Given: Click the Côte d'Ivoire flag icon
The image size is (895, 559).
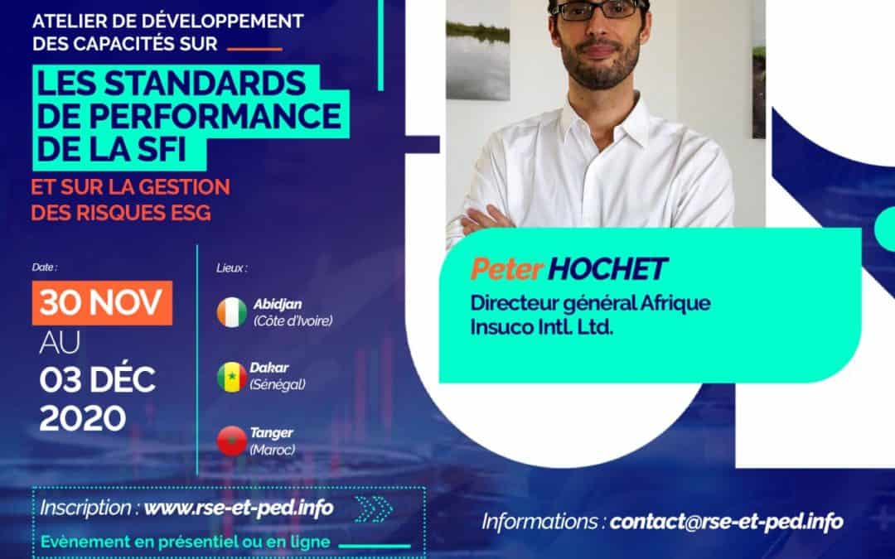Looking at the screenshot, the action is coord(232,312).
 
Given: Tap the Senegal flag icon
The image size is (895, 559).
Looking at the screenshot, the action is coord(232,377).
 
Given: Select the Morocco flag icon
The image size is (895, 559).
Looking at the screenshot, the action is coord(232,441).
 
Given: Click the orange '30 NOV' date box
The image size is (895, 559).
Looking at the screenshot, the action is coord(102,303).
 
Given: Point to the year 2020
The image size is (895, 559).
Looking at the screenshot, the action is coord(83,418).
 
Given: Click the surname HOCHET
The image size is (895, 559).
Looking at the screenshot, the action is coord(607,269).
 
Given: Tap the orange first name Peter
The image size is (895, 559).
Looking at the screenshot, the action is coord(506,269).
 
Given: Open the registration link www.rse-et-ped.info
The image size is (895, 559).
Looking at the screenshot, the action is coord(239,508).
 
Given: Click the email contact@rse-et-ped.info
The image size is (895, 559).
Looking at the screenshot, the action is coord(726,522).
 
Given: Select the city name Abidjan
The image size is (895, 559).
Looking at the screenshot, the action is coord(278,304).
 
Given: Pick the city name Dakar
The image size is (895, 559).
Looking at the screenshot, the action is coord(268,368).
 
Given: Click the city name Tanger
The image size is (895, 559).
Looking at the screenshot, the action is coord(271,432).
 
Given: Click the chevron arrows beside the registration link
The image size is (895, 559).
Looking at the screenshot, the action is coord(373,508).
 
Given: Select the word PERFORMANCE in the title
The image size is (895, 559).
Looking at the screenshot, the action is coord(215,116).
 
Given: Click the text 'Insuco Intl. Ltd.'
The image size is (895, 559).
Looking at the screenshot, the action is coord(541,327).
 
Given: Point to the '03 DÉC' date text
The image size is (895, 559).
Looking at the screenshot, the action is coord(97,380).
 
